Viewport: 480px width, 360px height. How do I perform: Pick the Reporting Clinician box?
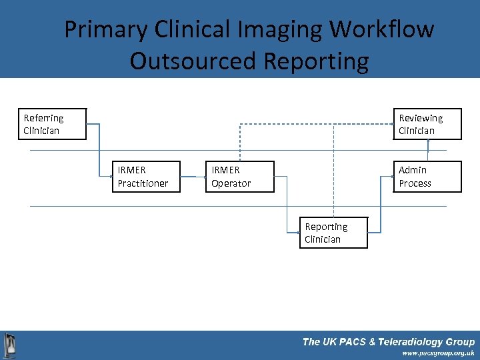coord(333,233)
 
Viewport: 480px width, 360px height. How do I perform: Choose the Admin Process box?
coord(427,177)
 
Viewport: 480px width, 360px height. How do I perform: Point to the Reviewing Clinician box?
coord(427,124)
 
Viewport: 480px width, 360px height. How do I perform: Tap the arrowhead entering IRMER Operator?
coord(204,177)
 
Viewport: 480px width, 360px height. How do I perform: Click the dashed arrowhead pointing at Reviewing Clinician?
coord(391,124)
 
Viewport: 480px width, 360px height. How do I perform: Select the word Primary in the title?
coord(105,29)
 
